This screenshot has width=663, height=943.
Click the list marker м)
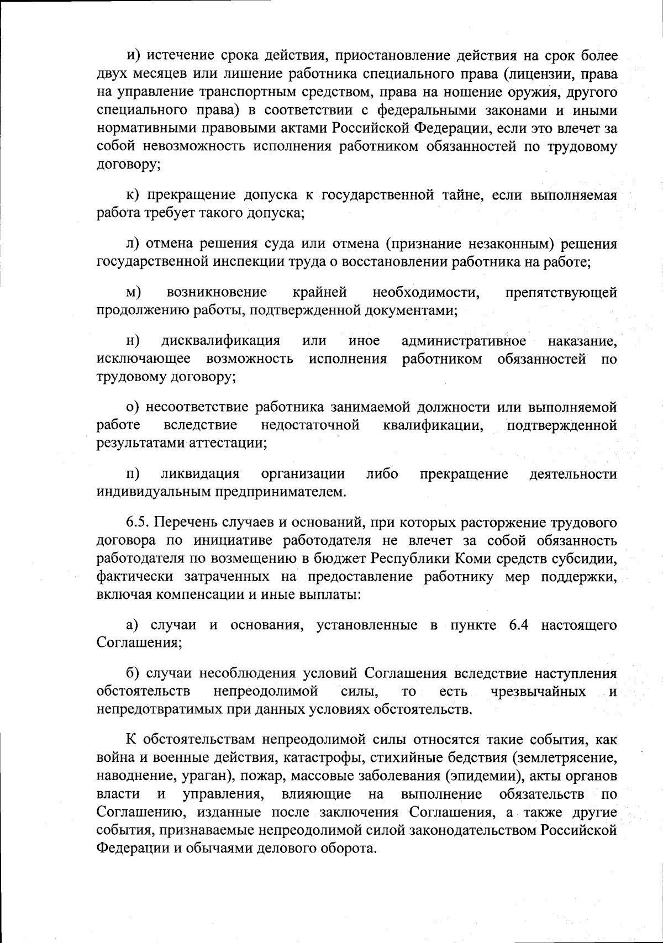point(133,292)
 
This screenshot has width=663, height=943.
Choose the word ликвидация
point(200,475)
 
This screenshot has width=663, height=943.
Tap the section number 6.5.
point(137,523)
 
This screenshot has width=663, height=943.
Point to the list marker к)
point(132,195)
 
